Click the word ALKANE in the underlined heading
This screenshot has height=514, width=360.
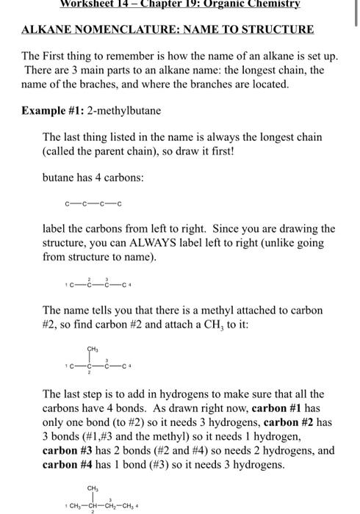point(47,29)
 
